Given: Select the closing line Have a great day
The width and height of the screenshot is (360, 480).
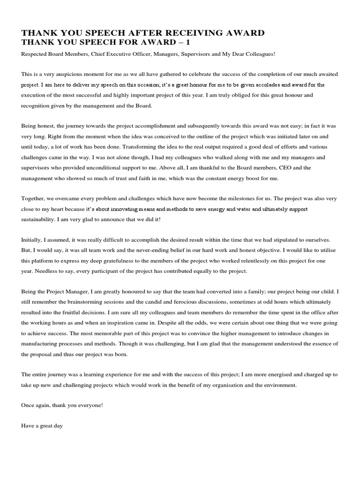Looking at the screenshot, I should click(x=42, y=426).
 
